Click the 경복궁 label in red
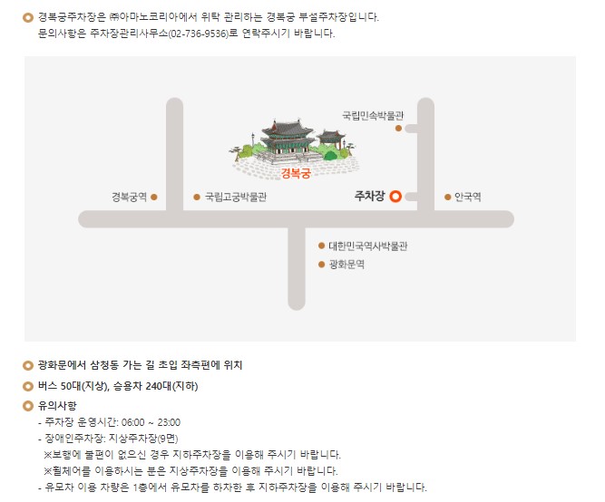tap(296, 174)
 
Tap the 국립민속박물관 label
tap(371, 116)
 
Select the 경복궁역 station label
tap(129, 196)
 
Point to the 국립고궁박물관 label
tap(236, 196)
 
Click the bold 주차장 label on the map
tap(368, 196)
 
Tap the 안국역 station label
tap(468, 196)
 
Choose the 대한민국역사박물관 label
tap(368, 246)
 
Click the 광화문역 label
tap(346, 265)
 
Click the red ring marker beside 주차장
tap(395, 196)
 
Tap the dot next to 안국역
tap(447, 196)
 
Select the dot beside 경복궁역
tap(154, 196)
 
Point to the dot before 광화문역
tap(321, 265)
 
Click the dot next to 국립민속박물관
tap(398, 129)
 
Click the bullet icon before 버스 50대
tap(27, 385)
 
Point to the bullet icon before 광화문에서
tap(27, 365)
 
